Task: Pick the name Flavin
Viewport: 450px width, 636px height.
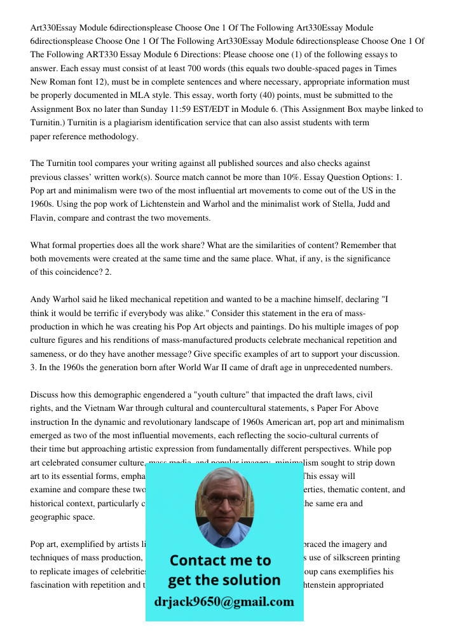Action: [x=43, y=218]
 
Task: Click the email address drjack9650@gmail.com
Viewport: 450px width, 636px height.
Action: [x=224, y=602]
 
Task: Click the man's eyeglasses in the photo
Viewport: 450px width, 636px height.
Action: [x=224, y=500]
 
